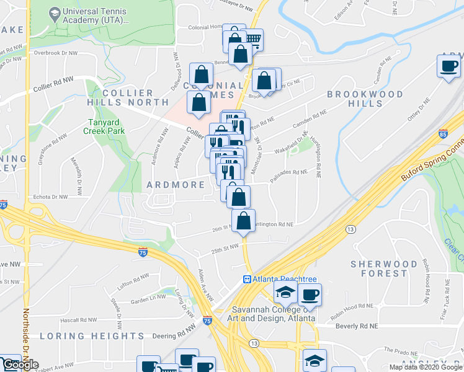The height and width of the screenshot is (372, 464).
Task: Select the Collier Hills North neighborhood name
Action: [x=135, y=97]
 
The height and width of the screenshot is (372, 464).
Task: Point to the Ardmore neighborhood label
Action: [x=176, y=185]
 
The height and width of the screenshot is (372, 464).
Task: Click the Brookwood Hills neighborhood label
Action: [x=365, y=99]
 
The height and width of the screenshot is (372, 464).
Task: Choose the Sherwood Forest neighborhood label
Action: [x=384, y=268]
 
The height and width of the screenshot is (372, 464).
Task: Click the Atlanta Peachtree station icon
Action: [x=247, y=280]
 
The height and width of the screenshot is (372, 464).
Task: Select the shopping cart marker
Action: [x=252, y=40]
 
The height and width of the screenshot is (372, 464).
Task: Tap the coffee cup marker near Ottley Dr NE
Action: [x=449, y=66]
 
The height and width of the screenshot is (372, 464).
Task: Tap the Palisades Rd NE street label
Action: [x=290, y=172]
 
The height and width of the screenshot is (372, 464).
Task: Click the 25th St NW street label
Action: [x=225, y=247]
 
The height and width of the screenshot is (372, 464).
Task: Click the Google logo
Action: [x=20, y=365]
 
